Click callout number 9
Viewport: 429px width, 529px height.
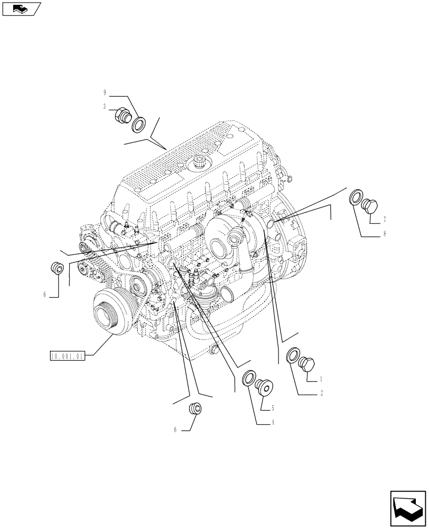(105, 93)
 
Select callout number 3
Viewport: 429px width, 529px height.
(105, 106)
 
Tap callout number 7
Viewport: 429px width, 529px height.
(385, 218)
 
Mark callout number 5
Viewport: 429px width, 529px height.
(273, 408)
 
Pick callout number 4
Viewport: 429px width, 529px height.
(273, 422)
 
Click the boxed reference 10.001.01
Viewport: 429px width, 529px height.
(67, 356)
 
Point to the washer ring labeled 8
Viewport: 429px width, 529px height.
(357, 199)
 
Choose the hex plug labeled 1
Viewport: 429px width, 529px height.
(307, 364)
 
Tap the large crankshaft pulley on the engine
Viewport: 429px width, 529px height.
(109, 315)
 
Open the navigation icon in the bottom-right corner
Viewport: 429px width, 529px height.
(408, 508)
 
